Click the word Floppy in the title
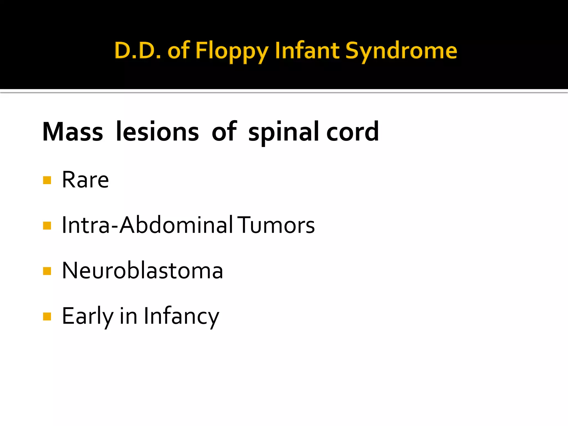[232, 51]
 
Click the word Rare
[85, 180]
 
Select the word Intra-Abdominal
[147, 225]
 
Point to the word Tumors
[277, 225]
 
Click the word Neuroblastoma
[143, 270]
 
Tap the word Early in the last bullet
[88, 316]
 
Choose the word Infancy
[182, 316]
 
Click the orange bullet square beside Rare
[47, 180]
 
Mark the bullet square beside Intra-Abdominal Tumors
[47, 226]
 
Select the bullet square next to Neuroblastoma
[47, 271]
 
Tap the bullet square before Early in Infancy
[47, 316]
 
